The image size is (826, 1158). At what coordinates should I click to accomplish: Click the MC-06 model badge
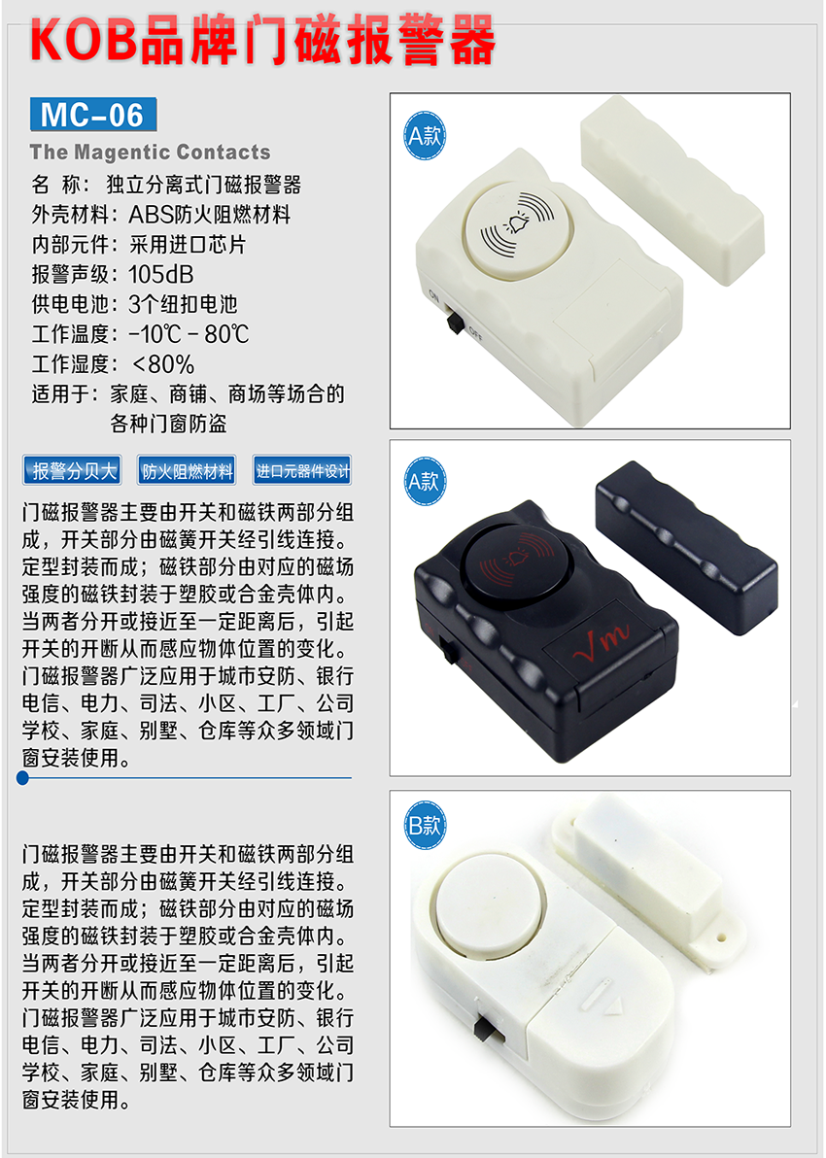pos(93,115)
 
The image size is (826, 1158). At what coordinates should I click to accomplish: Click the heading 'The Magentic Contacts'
pos(150,153)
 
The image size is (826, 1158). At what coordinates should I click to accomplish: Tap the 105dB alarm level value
pos(161,274)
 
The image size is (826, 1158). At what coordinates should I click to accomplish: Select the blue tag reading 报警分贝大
pos(72,470)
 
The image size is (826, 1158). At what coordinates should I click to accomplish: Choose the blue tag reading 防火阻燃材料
pos(187,470)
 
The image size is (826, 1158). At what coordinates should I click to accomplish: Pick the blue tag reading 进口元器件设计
pos(302,470)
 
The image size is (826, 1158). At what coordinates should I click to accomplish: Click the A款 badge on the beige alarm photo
pos(425,136)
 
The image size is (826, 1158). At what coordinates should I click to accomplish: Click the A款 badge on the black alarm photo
pos(425,482)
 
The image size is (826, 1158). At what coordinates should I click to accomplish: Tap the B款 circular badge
pos(425,825)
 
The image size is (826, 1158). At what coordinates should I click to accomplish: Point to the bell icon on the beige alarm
pos(517,223)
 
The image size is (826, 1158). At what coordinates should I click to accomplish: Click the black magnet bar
pos(686,547)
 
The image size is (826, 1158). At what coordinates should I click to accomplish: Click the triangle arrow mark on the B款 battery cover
pos(613,1005)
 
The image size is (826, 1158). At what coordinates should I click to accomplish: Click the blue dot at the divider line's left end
pos(23,777)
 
